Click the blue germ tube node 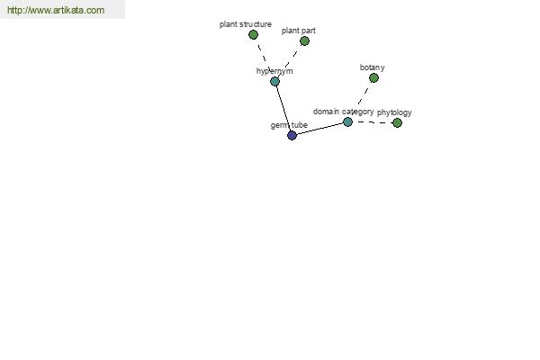click(292, 135)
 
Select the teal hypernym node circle click(274, 82)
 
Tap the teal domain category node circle click(347, 122)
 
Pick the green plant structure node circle click(253, 35)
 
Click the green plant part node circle click(304, 41)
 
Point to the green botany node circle click(373, 78)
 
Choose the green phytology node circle click(397, 122)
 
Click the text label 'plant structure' click(246, 24)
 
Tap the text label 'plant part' click(299, 31)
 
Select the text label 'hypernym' click(274, 71)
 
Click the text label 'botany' click(373, 67)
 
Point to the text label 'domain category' click(344, 112)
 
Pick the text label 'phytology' click(394, 112)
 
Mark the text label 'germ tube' click(289, 125)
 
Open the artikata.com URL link click(56, 10)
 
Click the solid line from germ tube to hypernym click(283, 109)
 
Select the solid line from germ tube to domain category click(319, 129)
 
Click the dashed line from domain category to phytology click(373, 122)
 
